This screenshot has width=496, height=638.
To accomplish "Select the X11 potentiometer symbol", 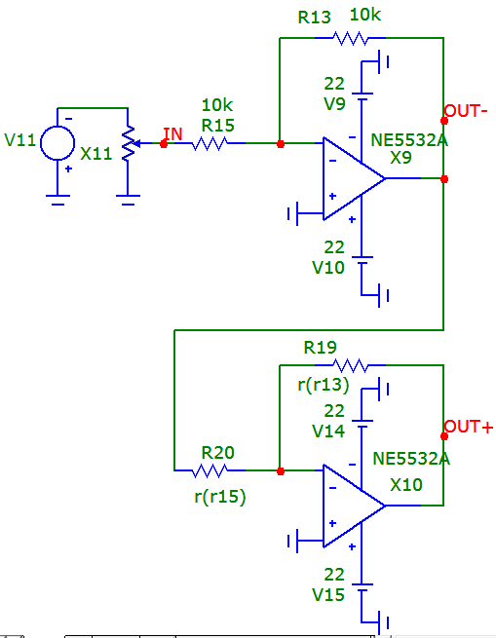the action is pos(129,143).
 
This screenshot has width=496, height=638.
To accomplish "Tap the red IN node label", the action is pos(172,133).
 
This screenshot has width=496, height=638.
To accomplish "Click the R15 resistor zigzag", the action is pos(210,143).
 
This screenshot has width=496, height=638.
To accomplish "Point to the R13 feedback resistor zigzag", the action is pos(350,38).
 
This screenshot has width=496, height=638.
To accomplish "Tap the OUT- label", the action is pos(466,111).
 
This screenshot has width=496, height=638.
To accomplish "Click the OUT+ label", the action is pos(469,427).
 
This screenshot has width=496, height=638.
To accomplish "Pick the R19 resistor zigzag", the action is pos(350,365).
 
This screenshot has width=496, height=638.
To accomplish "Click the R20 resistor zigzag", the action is pos(210,470).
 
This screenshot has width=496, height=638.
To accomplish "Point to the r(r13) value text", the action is pos(324,385).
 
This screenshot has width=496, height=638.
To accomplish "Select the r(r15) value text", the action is pos(220,497).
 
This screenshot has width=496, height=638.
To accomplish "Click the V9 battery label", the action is pos(334,104).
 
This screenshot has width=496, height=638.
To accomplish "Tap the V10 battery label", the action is pos(328,268).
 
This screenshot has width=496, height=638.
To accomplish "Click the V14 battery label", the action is pos(328,432).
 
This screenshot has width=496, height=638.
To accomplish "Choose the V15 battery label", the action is pos(328,595).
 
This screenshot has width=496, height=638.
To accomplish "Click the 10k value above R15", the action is pos(217,105).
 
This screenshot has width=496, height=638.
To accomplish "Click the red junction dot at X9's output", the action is pos(444,179).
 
